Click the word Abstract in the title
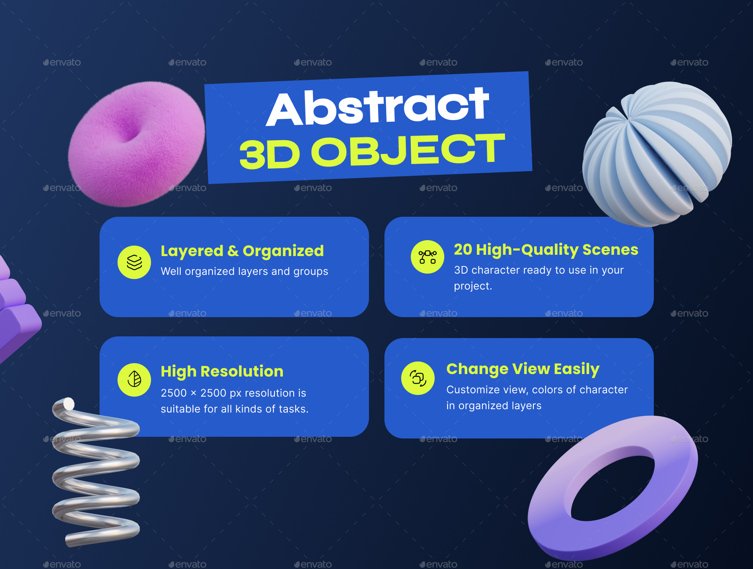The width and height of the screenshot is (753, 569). (377, 107)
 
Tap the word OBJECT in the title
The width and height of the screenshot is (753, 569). (408, 151)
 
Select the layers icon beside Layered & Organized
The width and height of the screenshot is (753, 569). (134, 262)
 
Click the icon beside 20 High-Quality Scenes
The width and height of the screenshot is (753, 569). (428, 257)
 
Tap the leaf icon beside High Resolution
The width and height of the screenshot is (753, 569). (134, 379)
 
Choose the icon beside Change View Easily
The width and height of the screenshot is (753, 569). (418, 378)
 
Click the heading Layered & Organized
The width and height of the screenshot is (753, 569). (242, 251)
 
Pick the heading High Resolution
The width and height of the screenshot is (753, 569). (222, 372)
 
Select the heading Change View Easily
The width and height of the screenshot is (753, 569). (523, 369)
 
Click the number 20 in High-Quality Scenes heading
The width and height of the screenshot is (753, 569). (463, 250)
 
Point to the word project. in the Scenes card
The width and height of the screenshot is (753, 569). (473, 286)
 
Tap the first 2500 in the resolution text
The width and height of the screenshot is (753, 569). (174, 393)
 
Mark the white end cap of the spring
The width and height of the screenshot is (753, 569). (69, 404)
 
